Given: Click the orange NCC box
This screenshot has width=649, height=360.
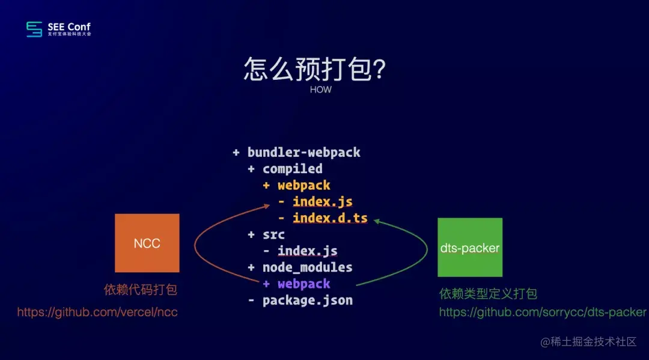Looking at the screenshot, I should (x=147, y=243).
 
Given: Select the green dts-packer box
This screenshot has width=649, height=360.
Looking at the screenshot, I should (x=469, y=247).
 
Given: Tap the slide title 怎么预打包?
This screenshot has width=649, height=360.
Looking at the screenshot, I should (x=314, y=69).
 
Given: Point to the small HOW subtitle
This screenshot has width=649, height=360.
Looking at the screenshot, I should (x=321, y=90).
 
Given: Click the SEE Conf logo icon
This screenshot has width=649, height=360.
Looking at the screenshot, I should (x=34, y=29).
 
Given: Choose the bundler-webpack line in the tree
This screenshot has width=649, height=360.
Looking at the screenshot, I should (x=303, y=152).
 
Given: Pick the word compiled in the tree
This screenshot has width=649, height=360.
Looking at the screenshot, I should (x=292, y=169).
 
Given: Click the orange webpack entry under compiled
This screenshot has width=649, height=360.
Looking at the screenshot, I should (x=303, y=185).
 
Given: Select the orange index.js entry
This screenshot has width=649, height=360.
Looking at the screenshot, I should (x=322, y=201).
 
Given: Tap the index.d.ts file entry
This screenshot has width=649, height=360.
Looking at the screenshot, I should (x=330, y=218).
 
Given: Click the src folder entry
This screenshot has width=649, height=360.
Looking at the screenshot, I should (x=273, y=234).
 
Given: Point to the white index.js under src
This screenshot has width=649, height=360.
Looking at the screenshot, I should (x=307, y=251).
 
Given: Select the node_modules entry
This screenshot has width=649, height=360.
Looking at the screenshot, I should (x=307, y=267).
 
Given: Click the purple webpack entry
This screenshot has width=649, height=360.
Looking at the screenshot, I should (x=303, y=284).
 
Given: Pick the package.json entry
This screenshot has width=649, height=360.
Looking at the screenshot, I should (x=307, y=300).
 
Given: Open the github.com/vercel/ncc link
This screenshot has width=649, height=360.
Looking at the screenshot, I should (x=97, y=312).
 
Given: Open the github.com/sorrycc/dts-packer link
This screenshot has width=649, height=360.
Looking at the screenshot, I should (x=543, y=312).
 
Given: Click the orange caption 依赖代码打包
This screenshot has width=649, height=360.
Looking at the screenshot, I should (x=141, y=290).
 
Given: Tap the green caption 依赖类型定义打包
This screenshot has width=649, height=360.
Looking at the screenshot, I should (x=488, y=294).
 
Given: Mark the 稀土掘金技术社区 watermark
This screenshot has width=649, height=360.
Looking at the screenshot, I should (x=588, y=342).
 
